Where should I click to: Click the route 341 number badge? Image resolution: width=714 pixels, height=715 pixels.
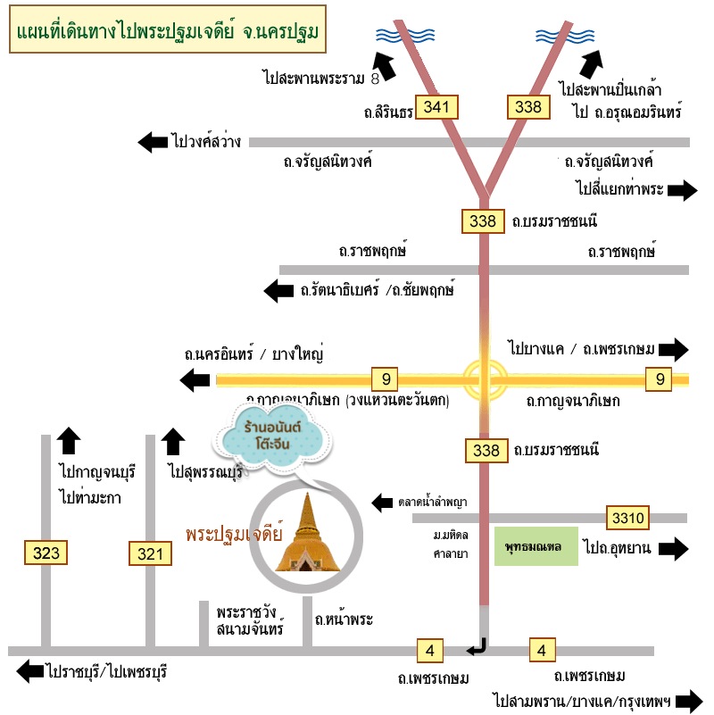tap(436, 107)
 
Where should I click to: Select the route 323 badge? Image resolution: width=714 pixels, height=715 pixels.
tap(46, 553)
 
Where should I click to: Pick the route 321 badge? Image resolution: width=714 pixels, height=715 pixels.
tap(151, 554)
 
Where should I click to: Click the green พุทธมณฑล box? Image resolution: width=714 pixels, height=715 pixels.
tap(535, 546)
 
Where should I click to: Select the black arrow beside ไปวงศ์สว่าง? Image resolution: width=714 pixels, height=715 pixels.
tap(153, 141)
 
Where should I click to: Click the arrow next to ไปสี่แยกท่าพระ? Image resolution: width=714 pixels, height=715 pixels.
tap(682, 189)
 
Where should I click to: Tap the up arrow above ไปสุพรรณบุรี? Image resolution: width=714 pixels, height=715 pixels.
tap(173, 441)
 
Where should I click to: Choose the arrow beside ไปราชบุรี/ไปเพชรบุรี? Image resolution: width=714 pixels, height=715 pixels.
tap(29, 670)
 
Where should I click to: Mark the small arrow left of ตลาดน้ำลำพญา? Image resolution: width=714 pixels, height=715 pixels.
tap(382, 503)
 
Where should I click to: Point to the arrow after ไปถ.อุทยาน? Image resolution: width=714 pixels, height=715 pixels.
tap(674, 548)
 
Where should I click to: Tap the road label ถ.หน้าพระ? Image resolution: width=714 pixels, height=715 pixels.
tap(344, 619)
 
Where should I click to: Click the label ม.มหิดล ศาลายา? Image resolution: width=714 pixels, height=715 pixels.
tap(447, 544)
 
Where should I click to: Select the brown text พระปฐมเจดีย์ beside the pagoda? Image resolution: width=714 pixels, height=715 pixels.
tap(234, 535)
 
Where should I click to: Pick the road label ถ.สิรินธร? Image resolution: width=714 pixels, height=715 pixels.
tap(387, 113)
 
